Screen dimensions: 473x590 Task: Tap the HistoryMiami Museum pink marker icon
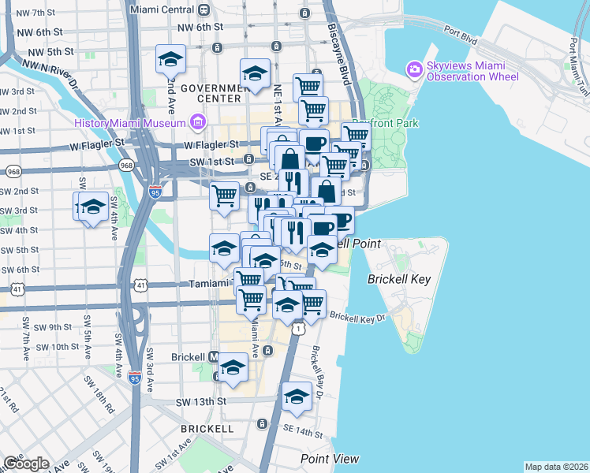pyautogui.click(x=197, y=122)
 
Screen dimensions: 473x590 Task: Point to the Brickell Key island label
pyautogui.click(x=398, y=279)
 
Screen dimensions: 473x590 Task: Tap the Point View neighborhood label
pyautogui.click(x=330, y=459)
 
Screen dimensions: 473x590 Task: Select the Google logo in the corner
pyautogui.click(x=26, y=464)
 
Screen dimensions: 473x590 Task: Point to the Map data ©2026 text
pyautogui.click(x=557, y=467)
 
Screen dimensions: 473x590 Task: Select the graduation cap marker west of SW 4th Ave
pyautogui.click(x=92, y=208)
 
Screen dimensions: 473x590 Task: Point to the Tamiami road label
pyautogui.click(x=208, y=284)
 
